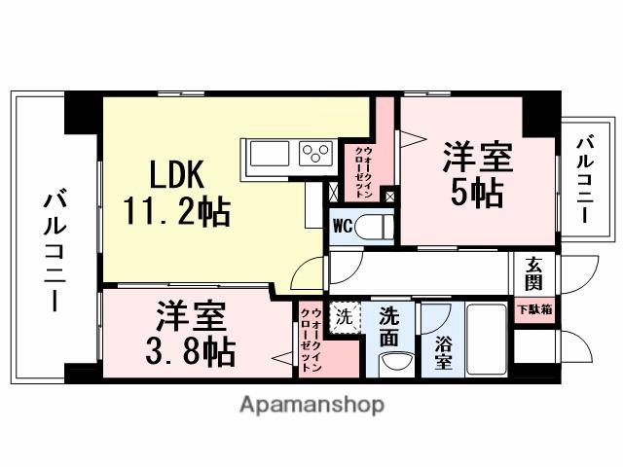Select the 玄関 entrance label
tap(534, 272)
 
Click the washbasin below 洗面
tap(393, 364)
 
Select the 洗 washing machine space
tap(344, 316)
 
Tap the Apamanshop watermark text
tap(311, 404)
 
